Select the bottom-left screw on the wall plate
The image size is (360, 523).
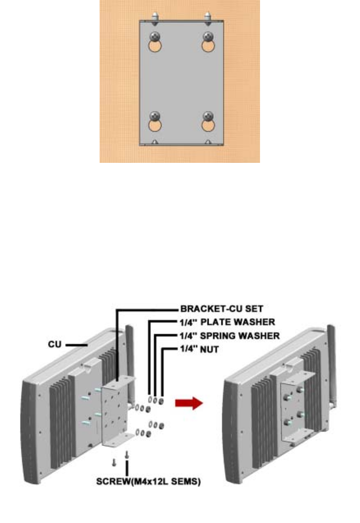coord(155,116)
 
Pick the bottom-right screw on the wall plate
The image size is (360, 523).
coord(208,116)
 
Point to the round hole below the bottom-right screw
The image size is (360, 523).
coord(208,126)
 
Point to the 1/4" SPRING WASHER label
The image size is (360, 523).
coord(230,336)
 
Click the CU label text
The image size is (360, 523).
coord(55,345)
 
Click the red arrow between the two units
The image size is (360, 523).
coord(189,403)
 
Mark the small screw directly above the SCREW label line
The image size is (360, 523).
coord(127,454)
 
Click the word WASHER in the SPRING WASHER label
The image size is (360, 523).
coord(260,336)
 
